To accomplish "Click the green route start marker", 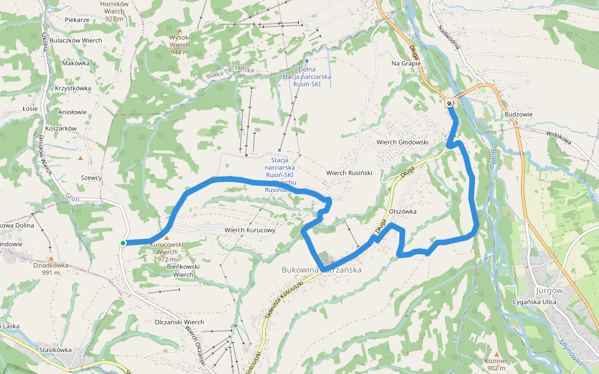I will [x=123, y=243].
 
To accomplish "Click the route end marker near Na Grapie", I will [x=450, y=103].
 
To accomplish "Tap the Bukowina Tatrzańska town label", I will [x=322, y=270].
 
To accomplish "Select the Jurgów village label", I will [x=549, y=290].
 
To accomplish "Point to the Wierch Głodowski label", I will [x=402, y=142].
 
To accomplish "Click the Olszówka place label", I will [x=402, y=211].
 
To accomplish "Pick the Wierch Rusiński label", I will [x=349, y=173].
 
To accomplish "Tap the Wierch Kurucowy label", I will [x=250, y=230].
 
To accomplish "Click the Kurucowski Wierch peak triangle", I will [x=166, y=237].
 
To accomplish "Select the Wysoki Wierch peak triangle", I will [x=180, y=30].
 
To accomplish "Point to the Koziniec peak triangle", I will [x=497, y=353].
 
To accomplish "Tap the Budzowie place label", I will [x=518, y=115].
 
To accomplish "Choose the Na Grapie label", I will [x=406, y=64].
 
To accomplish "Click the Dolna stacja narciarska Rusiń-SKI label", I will [x=306, y=77].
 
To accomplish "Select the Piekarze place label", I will [x=77, y=20].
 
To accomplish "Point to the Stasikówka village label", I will [x=55, y=350].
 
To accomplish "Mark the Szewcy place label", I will [x=92, y=178].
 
